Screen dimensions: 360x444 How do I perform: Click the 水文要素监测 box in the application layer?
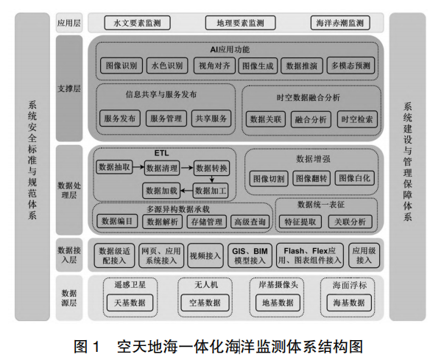[138, 24]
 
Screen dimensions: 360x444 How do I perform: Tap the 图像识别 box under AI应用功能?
[120, 66]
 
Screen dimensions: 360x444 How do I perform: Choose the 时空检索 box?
[356, 119]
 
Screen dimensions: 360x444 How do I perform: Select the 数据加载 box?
[162, 190]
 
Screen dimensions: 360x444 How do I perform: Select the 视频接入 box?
[205, 255]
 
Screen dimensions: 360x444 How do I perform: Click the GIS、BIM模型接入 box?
[250, 255]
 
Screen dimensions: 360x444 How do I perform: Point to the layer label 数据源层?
[69, 297]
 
